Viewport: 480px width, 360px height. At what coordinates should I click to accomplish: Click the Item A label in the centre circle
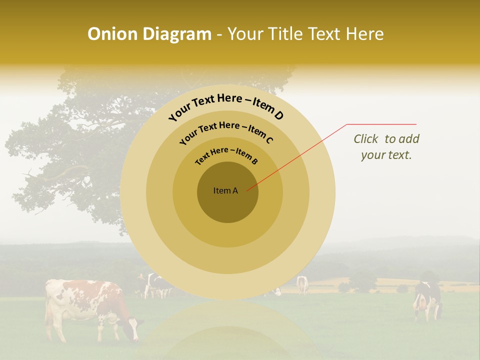coord(225,190)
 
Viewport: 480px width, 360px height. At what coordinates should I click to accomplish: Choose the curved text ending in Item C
coord(226,131)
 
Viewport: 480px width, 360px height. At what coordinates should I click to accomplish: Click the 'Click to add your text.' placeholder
coord(386,147)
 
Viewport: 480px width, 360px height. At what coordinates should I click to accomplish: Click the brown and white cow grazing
coord(85,305)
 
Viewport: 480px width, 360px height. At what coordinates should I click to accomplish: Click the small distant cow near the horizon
coord(302,283)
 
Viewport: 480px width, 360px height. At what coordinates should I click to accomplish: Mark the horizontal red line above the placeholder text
coord(381,124)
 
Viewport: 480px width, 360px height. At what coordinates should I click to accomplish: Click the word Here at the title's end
coord(364,34)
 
